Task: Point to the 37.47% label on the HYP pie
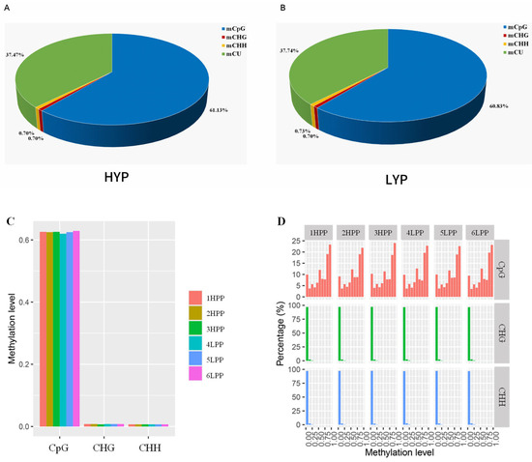point(16,55)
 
